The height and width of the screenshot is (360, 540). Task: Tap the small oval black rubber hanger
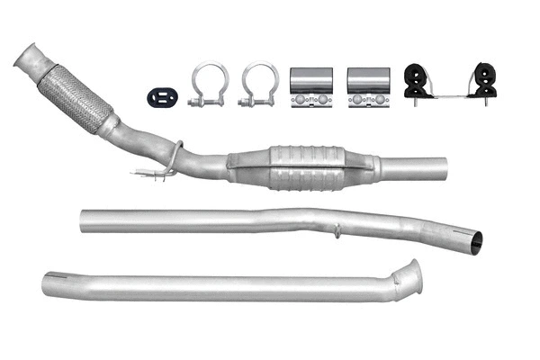[160, 95]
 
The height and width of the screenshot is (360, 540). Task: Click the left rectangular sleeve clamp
[310, 88]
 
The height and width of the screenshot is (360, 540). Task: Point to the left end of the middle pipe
[84, 221]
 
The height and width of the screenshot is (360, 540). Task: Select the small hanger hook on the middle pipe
[336, 231]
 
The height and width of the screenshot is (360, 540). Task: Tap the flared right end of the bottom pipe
[412, 274]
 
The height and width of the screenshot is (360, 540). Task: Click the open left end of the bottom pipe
[47, 286]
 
